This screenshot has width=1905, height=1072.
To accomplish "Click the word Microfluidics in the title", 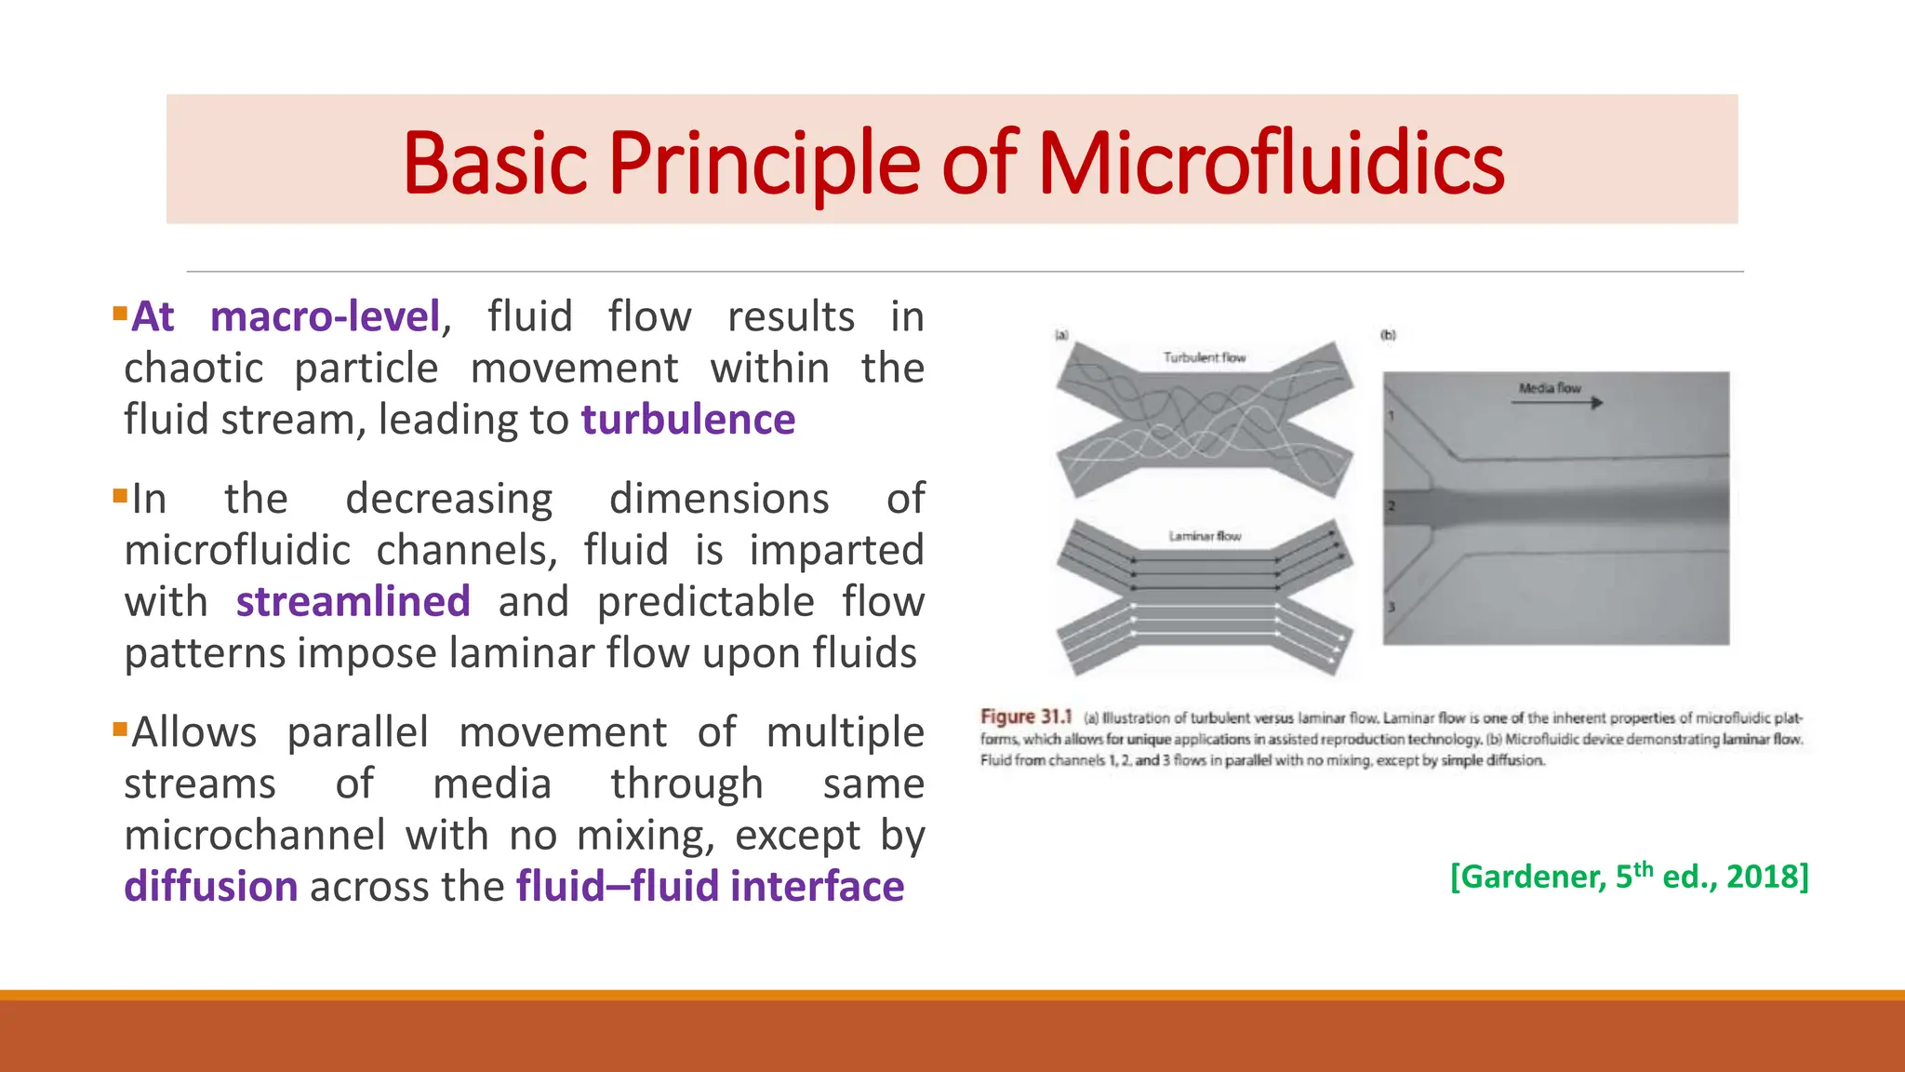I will point(1270,164).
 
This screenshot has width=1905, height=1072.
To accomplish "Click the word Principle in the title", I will point(763,164).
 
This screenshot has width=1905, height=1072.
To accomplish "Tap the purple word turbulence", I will point(688,420).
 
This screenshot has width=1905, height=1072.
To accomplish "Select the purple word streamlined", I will point(353,601).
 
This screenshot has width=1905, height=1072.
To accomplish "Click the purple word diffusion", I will point(211,886).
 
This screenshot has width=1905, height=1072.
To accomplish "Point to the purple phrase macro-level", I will point(325,317).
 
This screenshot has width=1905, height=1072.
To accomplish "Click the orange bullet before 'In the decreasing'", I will point(119,495).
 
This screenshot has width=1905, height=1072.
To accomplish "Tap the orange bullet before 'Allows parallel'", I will point(119,729).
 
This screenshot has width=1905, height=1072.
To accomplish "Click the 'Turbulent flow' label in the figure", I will point(1204,357).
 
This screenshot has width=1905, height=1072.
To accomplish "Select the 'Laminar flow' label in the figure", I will point(1205,536).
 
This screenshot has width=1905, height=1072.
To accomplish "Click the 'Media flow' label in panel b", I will point(1550,388).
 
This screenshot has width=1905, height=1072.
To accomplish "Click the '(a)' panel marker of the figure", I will point(1061,335).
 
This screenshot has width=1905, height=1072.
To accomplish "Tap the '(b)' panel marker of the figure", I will point(1388,335).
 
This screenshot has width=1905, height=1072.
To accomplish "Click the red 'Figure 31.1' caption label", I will point(1025,717).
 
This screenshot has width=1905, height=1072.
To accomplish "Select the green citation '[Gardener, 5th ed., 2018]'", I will point(1629,877).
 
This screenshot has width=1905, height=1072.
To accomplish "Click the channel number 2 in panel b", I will point(1392,506).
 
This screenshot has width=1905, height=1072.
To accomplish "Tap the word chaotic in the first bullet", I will point(193,368).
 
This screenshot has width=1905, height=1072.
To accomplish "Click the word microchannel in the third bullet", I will point(254,835).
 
